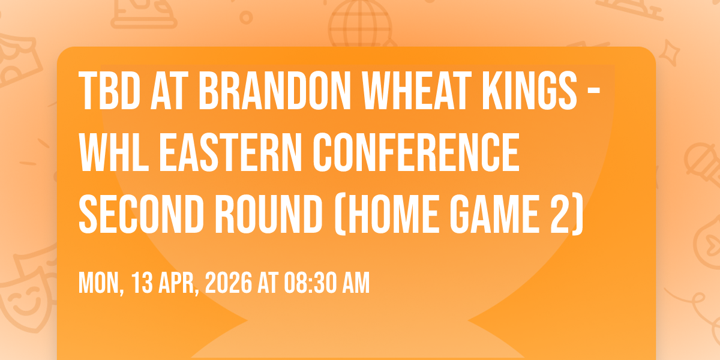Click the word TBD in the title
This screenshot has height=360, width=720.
(x=109, y=91)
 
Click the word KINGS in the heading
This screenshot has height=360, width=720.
(x=530, y=91)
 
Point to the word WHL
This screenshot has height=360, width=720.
(x=114, y=152)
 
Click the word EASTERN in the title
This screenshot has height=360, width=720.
(x=231, y=152)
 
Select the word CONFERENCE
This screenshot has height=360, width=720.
(x=416, y=152)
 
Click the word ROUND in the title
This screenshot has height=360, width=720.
(x=269, y=213)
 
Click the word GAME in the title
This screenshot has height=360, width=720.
(x=494, y=213)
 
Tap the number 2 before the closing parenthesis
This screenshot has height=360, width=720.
(x=562, y=213)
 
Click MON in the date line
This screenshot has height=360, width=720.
(x=101, y=283)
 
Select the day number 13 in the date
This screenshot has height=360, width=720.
(x=142, y=283)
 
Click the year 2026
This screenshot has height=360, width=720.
(x=228, y=283)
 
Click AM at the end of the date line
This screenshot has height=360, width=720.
(x=356, y=283)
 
